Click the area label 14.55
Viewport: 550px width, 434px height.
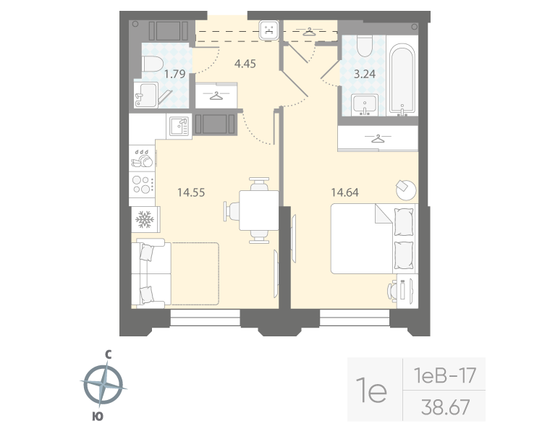[191, 192]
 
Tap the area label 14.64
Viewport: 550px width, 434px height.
[345, 192]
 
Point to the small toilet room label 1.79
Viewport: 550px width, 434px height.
[174, 73]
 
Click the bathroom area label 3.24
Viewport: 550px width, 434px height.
[362, 73]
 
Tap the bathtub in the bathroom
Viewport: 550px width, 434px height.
[402, 80]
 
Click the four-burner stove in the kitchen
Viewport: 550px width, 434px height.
[143, 182]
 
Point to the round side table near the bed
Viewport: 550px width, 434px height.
[405, 189]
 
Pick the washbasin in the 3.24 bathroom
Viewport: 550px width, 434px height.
[363, 103]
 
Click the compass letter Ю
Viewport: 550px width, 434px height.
[96, 416]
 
